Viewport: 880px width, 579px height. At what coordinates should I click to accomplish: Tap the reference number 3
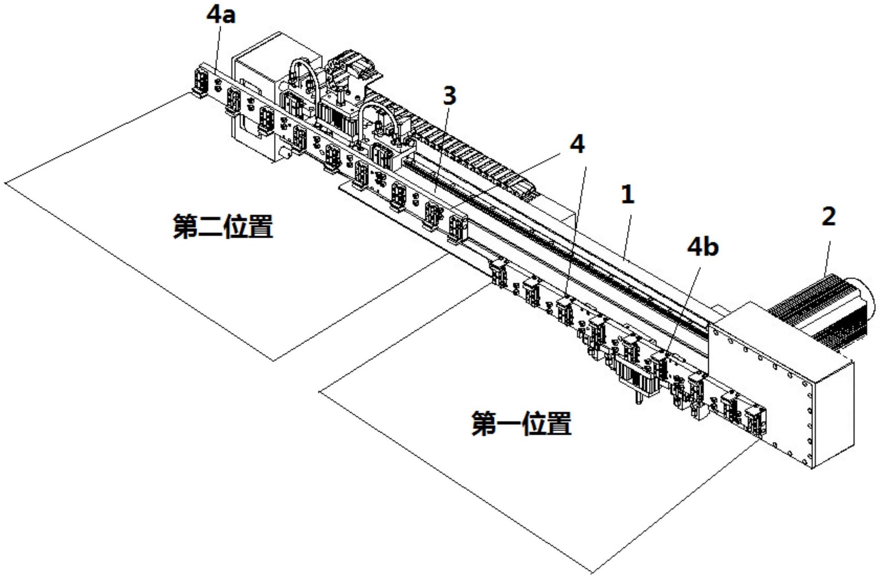coord(449,96)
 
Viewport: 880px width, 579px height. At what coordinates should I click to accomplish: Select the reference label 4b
coord(702,247)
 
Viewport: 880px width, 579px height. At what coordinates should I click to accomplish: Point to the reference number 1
coord(627,195)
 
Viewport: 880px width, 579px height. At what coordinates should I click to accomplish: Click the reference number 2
coord(828,217)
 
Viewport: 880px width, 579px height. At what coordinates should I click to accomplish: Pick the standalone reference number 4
coord(577,145)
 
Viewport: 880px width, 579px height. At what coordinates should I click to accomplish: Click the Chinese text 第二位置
coord(223,226)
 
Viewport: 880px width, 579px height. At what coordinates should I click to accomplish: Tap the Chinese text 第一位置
coord(521,424)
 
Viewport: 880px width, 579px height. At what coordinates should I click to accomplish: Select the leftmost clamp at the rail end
coord(199,84)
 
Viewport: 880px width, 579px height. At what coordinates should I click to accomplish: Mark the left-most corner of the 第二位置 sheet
coord(5,183)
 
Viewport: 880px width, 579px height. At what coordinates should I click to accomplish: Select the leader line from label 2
coord(827,253)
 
